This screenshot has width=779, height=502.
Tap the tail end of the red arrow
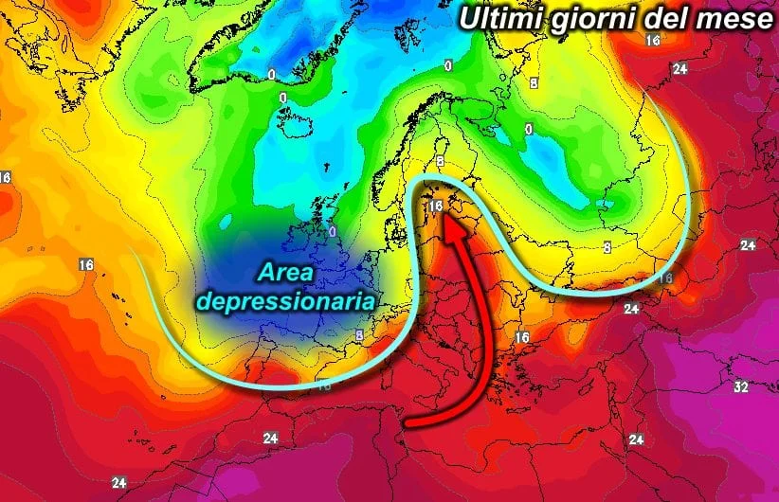coord(408,421)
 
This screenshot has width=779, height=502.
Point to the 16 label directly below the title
coord(652,40)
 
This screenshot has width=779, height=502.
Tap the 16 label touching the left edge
coord(5,177)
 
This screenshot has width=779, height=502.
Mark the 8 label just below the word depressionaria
coord(359,335)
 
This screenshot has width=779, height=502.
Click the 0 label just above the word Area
coord(333,230)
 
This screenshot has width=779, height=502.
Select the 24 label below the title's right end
coord(679,68)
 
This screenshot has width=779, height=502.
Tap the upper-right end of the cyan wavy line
coord(650,83)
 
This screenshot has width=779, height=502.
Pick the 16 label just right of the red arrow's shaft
coord(521,336)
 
